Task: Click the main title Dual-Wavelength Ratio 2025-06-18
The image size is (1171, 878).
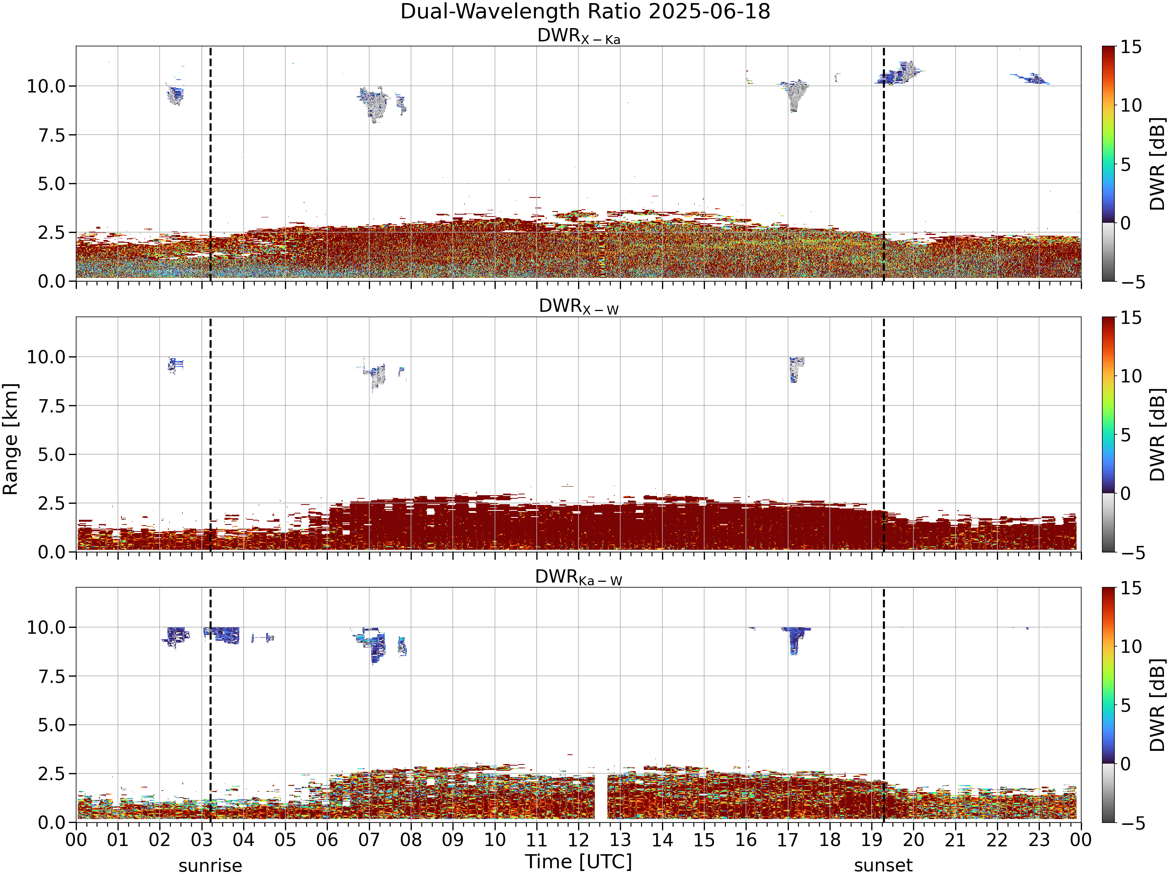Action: [585, 12]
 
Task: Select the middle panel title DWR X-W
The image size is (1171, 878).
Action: [578, 306]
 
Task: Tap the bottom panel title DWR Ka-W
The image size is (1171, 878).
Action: [578, 577]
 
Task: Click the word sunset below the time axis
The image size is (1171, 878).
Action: [883, 865]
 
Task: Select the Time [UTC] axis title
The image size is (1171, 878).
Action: [578, 862]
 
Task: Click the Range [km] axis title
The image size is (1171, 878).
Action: [11, 439]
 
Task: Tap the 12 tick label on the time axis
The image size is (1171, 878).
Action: [578, 840]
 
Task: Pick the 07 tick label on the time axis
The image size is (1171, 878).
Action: [369, 840]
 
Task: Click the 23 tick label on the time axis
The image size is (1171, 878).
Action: [1039, 840]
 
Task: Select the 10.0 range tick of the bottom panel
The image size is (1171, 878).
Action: [46, 627]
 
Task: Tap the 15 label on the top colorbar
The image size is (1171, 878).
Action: [1131, 47]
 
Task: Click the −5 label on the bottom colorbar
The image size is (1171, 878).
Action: [1132, 823]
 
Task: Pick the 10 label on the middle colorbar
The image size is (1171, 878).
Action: [1131, 376]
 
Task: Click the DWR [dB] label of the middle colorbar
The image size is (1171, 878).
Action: [1157, 434]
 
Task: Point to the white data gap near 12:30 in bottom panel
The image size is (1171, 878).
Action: [601, 797]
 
